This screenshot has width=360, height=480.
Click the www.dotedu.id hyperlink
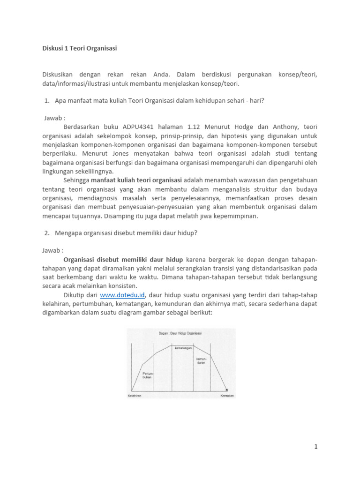[124, 295]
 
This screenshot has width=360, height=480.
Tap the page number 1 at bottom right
[316, 447]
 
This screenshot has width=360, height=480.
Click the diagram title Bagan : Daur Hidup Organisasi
[180, 333]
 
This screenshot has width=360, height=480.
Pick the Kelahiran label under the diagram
[135, 396]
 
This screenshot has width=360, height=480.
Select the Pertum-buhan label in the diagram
[147, 375]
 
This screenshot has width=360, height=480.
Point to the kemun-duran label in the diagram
[201, 361]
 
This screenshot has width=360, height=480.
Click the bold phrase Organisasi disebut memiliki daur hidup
[124, 259]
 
